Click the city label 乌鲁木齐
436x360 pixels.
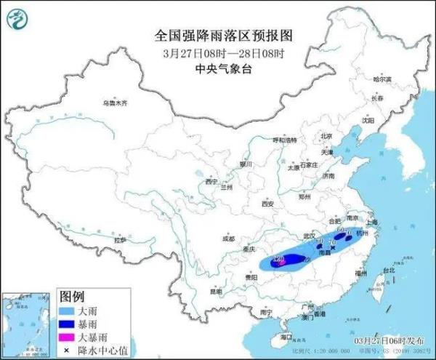click(x=114, y=103)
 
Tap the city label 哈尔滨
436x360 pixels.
click(x=381, y=79)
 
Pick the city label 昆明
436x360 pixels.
click(x=216, y=292)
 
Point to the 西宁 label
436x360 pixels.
click(x=211, y=181)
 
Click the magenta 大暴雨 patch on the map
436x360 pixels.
click(x=279, y=261)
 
